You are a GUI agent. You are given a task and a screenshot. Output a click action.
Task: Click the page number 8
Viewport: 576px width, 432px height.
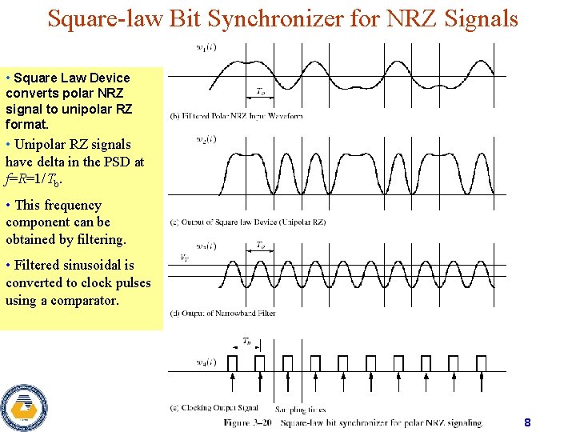tap(527, 422)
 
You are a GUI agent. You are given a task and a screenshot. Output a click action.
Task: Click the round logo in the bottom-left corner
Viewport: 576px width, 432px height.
tap(23, 408)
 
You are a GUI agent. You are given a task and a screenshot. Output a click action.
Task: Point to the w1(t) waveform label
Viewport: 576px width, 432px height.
tap(206, 47)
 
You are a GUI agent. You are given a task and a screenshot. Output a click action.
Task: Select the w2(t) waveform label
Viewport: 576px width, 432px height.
tap(206, 139)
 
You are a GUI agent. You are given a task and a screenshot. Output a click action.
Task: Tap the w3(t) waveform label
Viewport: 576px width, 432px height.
tap(206, 246)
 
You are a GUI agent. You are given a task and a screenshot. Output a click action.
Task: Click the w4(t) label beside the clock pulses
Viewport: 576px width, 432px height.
tap(206, 362)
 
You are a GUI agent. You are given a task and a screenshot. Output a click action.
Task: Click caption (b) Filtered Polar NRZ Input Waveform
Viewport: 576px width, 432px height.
tap(236, 115)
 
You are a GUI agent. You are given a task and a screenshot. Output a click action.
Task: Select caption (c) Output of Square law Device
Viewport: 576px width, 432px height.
tap(248, 222)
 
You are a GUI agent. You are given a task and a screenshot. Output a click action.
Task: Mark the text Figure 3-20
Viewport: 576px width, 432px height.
tap(247, 422)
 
